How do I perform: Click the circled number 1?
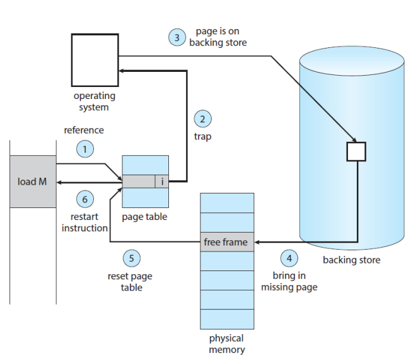[85, 149]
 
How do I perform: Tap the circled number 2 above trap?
[202, 119]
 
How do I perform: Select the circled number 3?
[177, 37]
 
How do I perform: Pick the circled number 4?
[289, 258]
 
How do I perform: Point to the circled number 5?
[132, 258]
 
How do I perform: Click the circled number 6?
[85, 199]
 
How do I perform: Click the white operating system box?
[95, 60]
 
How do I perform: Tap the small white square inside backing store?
[356, 152]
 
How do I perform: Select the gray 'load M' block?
[33, 182]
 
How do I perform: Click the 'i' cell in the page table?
[162, 182]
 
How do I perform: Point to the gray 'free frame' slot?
[227, 242]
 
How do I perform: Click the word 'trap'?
[202, 137]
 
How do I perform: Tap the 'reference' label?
[84, 130]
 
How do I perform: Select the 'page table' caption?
[144, 217]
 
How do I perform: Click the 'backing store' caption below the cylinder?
[352, 260]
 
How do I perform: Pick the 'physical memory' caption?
[227, 344]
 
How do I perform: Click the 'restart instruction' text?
[84, 223]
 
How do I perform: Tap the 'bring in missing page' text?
[289, 281]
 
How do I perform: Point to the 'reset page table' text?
[130, 282]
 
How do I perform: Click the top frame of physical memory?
[227, 203]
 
